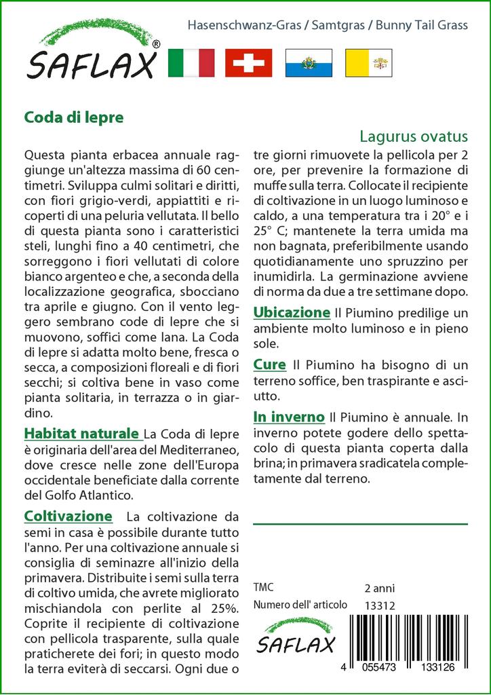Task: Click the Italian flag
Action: (191, 63)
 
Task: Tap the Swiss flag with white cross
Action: (248, 63)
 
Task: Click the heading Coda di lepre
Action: (73, 117)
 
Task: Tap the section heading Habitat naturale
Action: (83, 433)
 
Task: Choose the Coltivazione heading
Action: (68, 516)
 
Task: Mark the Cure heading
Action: (269, 364)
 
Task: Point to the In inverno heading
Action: (289, 416)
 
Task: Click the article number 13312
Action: (380, 605)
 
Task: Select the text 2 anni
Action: (380, 588)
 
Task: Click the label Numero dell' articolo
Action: (300, 605)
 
